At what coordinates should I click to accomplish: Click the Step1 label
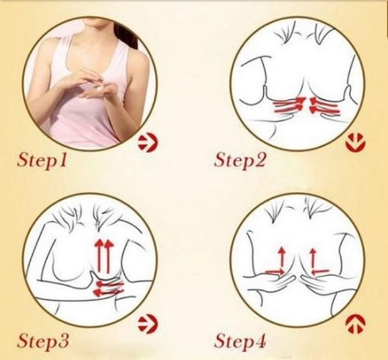point(42,161)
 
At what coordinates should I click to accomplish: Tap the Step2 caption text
point(239,161)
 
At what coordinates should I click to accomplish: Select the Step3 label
point(42,341)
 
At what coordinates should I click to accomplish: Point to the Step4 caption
point(239,341)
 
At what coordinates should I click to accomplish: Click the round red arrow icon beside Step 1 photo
point(148,144)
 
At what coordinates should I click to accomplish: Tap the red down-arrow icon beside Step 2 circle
point(355,143)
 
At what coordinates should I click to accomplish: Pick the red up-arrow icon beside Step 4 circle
point(355,324)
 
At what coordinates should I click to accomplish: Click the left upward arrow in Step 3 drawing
point(99,255)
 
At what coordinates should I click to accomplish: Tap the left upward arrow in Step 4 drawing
point(281,258)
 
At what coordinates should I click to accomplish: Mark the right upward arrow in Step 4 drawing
point(313,258)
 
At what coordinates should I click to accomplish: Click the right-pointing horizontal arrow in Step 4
point(275,272)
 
